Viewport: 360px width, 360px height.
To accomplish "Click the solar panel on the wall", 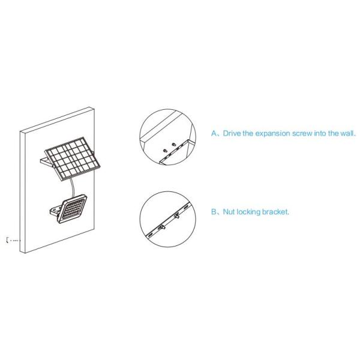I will (x=75, y=155).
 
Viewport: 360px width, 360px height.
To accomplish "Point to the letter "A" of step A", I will (x=213, y=134).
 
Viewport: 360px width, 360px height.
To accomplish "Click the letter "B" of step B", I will (x=213, y=212).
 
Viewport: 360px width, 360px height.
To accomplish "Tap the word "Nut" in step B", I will (x=229, y=212).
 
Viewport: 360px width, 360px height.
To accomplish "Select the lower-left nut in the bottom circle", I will (x=163, y=226).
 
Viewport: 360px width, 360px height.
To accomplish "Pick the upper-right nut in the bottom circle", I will (x=176, y=214).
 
